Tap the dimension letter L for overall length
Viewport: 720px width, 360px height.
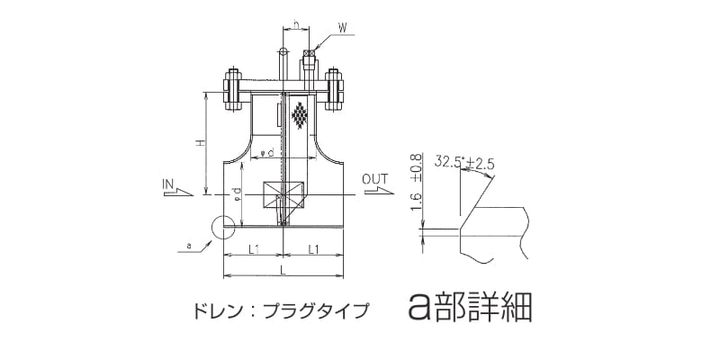[x=283, y=270]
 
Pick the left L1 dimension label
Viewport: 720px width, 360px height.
[x=253, y=248]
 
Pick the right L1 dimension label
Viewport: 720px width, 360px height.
[x=313, y=248]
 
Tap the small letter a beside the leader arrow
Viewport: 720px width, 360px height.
[x=189, y=244]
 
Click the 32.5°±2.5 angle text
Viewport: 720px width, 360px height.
[x=465, y=163]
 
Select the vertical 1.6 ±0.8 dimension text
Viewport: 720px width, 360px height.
[x=416, y=184]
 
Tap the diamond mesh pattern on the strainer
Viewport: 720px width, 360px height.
[x=301, y=116]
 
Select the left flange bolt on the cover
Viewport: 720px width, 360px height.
[x=230, y=90]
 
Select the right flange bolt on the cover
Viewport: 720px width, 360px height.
[x=337, y=90]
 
